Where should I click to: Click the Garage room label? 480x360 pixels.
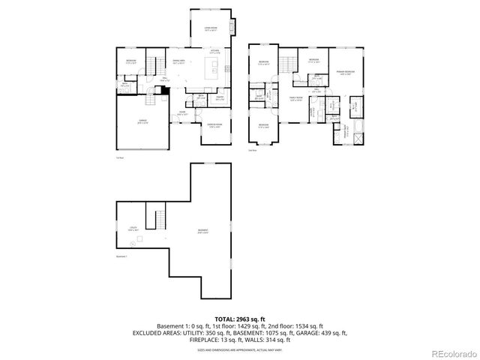(142, 121)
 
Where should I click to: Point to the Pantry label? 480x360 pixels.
(220, 97)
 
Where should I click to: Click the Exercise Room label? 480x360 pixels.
(213, 124)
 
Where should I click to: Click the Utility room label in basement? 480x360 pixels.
(132, 229)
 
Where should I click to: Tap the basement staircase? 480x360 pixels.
(159, 220)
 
